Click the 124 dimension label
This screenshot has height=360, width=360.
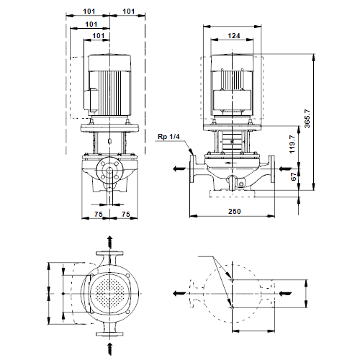[234, 36]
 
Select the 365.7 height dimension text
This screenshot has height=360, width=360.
[307, 119]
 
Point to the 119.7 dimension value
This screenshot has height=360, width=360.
[292, 144]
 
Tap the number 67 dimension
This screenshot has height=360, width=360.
[293, 177]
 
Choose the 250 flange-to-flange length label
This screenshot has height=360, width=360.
[235, 212]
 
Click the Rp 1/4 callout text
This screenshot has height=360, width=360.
[168, 137]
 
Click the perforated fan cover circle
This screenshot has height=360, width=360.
[109, 294]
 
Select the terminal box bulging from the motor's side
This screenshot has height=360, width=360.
[91, 100]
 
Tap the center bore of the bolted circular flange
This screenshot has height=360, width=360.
[109, 171]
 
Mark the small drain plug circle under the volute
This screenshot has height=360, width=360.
[241, 184]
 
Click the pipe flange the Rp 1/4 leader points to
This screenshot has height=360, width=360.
[193, 169]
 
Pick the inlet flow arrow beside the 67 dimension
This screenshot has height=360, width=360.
[285, 169]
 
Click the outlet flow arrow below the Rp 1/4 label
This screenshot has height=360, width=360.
[179, 168]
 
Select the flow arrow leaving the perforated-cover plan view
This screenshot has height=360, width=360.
[109, 242]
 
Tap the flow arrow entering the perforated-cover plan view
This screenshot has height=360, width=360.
[109, 349]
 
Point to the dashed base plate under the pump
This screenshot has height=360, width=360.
[232, 194]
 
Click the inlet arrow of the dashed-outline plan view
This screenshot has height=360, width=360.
[285, 293]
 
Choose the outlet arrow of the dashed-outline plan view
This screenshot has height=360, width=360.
[179, 293]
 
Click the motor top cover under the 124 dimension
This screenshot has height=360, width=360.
[232, 63]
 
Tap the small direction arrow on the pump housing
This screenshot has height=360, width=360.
[230, 163]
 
